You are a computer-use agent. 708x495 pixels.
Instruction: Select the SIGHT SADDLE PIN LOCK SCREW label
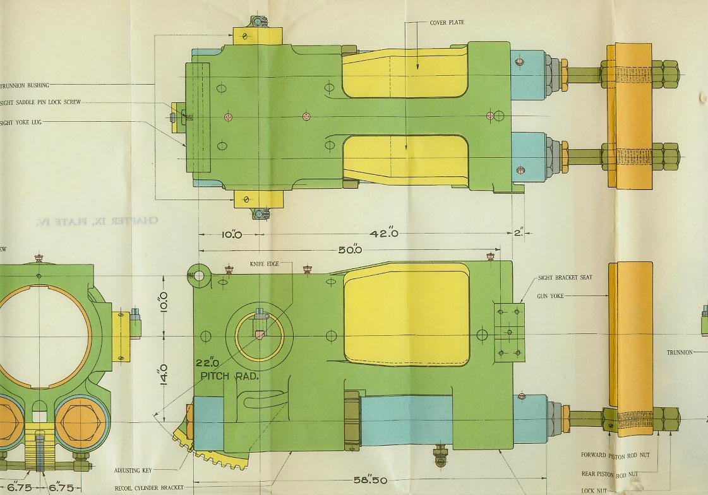[40, 102]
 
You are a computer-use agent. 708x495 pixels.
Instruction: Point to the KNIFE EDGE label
[263, 263]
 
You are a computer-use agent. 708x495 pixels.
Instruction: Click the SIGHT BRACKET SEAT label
[565, 278]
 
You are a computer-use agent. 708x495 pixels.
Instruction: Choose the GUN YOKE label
[550, 295]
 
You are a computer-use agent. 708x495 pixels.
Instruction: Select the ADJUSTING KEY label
[132, 470]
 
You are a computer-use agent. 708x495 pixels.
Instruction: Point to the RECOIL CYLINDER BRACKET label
[148, 488]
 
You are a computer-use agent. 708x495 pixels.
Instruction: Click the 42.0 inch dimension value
[384, 234]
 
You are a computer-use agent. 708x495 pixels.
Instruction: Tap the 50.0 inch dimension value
[349, 250]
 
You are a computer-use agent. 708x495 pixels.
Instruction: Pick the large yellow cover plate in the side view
[406, 313]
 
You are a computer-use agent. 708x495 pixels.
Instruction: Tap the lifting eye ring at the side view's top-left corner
[198, 275]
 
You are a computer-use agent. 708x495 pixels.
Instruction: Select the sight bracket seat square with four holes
[509, 331]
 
